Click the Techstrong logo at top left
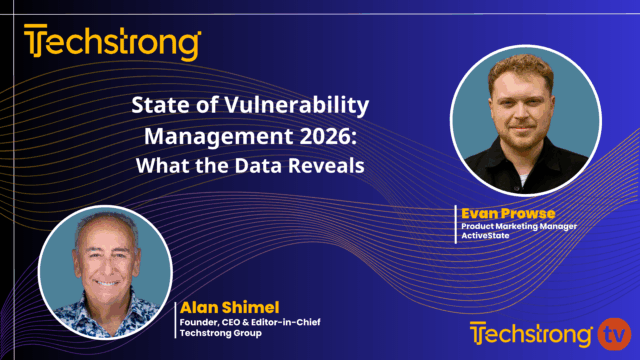pyautogui.click(x=112, y=44)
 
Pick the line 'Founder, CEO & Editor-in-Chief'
pyautogui.click(x=240, y=321)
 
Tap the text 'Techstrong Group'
pyautogui.click(x=213, y=333)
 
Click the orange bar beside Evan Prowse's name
pyautogui.click(x=455, y=224)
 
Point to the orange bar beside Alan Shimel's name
pyautogui.click(x=175, y=318)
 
